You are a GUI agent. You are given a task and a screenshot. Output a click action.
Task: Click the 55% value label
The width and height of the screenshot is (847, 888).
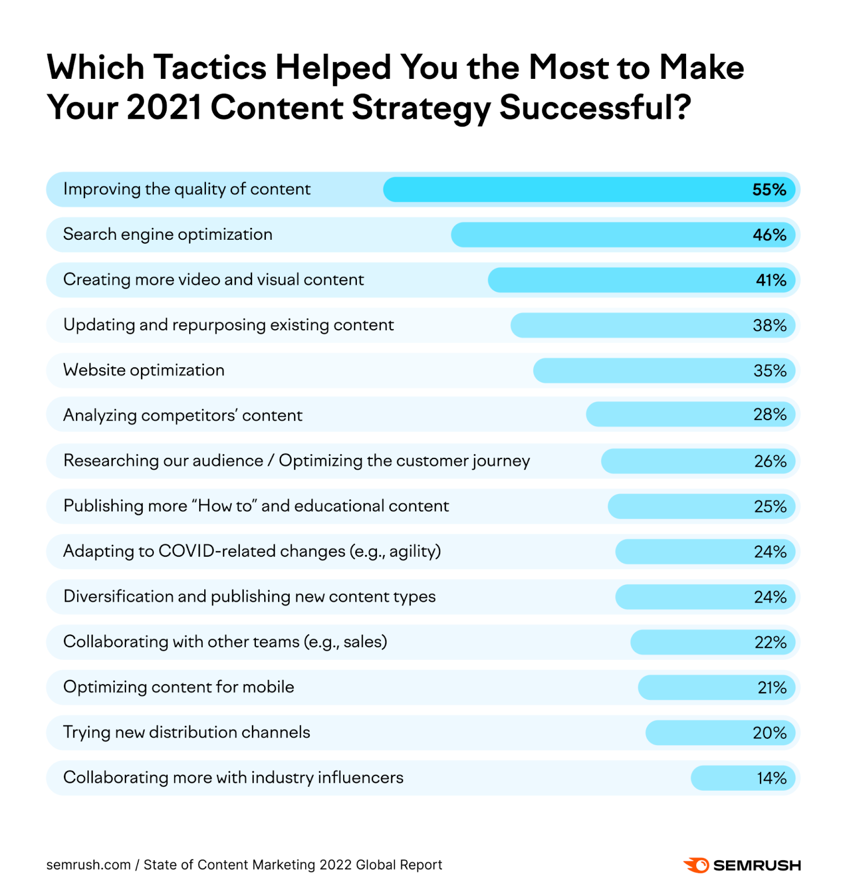pyautogui.click(x=769, y=190)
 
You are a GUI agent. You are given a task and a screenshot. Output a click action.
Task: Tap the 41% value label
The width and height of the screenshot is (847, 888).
pyautogui.click(x=770, y=280)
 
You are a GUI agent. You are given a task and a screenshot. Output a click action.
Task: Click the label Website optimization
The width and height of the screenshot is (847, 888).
pyautogui.click(x=144, y=370)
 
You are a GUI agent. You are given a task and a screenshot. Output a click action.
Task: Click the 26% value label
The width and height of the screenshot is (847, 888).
pyautogui.click(x=770, y=461)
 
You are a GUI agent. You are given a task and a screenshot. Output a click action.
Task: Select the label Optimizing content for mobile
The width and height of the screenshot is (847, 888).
pyautogui.click(x=178, y=687)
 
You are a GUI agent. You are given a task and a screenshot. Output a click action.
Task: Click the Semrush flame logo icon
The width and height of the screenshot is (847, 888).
pyautogui.click(x=696, y=865)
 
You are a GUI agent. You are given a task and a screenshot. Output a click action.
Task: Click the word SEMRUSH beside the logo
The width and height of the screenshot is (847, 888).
pyautogui.click(x=757, y=865)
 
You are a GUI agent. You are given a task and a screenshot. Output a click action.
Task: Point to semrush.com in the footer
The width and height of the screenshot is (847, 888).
pyautogui.click(x=88, y=865)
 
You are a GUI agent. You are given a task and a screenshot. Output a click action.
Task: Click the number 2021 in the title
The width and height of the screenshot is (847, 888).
pyautogui.click(x=164, y=107)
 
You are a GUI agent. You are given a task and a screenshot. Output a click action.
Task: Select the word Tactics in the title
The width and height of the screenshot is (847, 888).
pyautogui.click(x=210, y=68)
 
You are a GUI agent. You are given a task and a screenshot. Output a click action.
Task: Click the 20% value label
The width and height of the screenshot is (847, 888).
pyautogui.click(x=769, y=733)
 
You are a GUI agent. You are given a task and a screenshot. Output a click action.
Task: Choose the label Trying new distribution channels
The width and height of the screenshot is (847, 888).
pyautogui.click(x=186, y=733)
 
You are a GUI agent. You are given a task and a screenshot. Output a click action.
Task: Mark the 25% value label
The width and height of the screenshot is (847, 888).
pyautogui.click(x=770, y=507)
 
